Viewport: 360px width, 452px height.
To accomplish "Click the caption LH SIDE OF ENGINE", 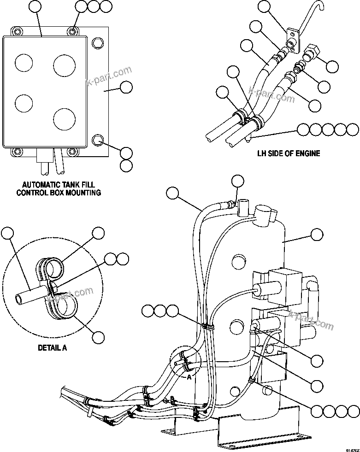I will (x=288, y=153).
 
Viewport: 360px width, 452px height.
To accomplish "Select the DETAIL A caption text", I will (x=52, y=348).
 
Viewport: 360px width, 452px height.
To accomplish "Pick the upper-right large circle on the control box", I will (x=64, y=65).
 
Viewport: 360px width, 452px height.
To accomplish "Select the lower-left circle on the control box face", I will (x=24, y=103).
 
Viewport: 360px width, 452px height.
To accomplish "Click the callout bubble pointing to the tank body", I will (x=316, y=235).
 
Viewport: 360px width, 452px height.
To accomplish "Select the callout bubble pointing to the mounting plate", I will (x=126, y=87).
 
